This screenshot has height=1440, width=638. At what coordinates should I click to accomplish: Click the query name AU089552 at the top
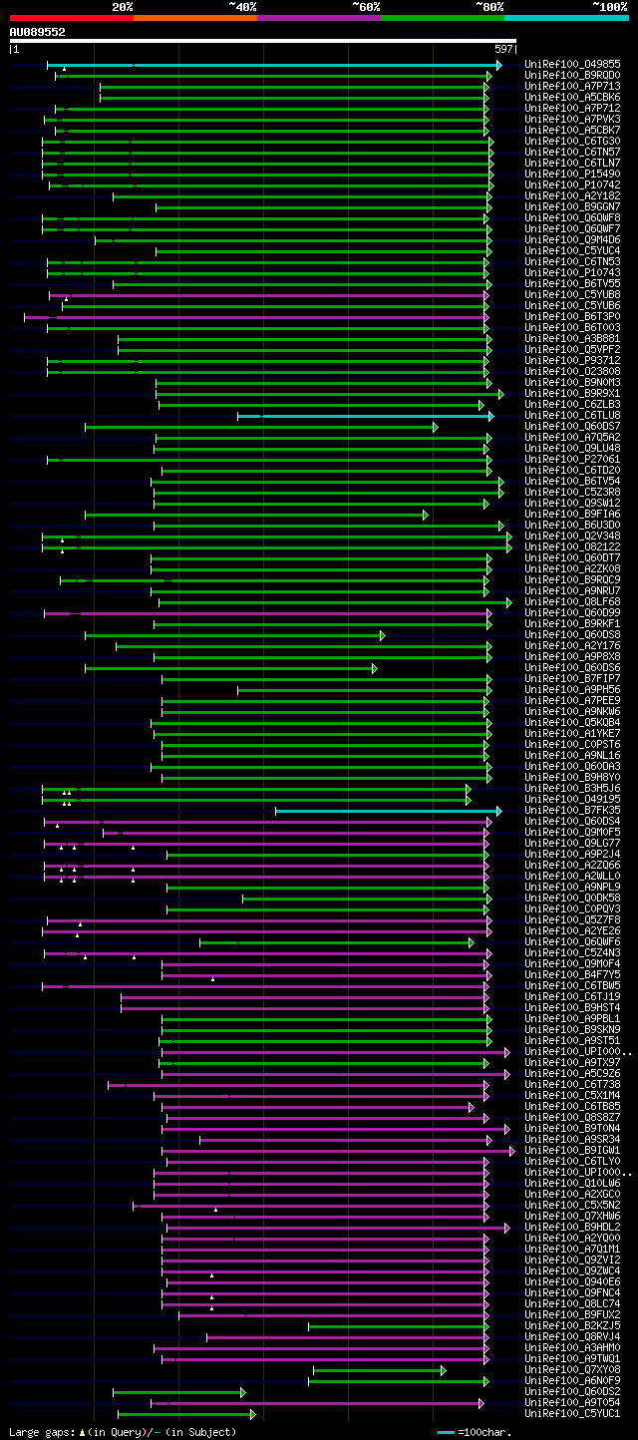(37, 32)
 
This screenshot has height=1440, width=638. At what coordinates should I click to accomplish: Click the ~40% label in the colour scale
(242, 6)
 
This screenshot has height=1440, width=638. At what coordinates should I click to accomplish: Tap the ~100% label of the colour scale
(609, 6)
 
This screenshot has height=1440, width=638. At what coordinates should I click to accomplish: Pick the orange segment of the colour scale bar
(194, 17)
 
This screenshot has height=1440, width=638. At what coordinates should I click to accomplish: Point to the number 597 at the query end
(503, 49)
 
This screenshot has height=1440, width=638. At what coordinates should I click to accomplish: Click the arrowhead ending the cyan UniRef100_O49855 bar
(498, 64)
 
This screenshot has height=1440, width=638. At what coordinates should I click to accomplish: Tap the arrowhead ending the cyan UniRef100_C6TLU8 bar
(490, 415)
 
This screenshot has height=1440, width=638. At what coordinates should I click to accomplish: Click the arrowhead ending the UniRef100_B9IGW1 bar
(512, 1151)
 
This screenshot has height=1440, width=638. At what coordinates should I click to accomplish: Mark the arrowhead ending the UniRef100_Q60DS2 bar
(242, 1392)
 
